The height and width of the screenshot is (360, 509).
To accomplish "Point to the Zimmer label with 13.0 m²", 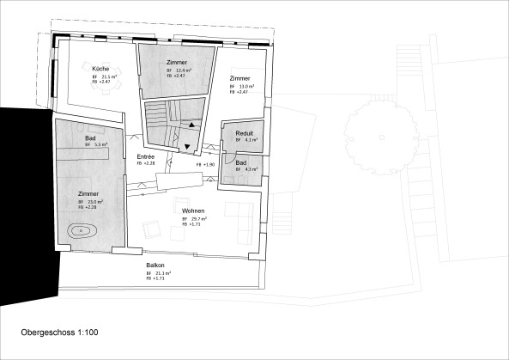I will click(239, 78).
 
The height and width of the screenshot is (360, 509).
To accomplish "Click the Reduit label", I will click(243, 133).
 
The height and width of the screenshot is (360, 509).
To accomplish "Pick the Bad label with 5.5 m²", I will click(90, 138).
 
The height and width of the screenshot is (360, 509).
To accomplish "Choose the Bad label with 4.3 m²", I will click(241, 162).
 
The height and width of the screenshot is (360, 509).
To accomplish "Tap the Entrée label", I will click(145, 157).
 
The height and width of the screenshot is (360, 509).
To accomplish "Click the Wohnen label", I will click(192, 211).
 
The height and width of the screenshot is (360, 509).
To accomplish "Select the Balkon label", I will click(155, 265).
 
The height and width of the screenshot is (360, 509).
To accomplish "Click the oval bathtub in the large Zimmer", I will click(82, 230).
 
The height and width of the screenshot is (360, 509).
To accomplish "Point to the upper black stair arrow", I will click(192, 125).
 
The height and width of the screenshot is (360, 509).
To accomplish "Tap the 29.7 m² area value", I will click(201, 219).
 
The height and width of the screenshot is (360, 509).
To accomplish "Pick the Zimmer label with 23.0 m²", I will click(88, 194).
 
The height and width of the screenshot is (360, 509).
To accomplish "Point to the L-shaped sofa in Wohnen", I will click(241, 212).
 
